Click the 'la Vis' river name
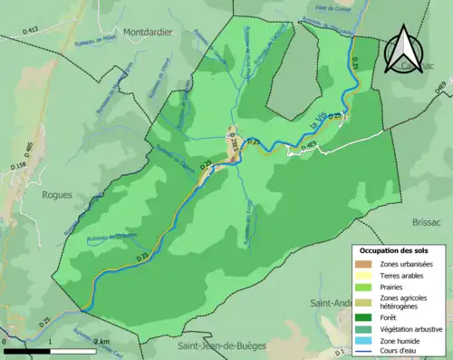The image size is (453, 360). [319, 128]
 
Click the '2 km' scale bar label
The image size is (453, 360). [102, 341]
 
